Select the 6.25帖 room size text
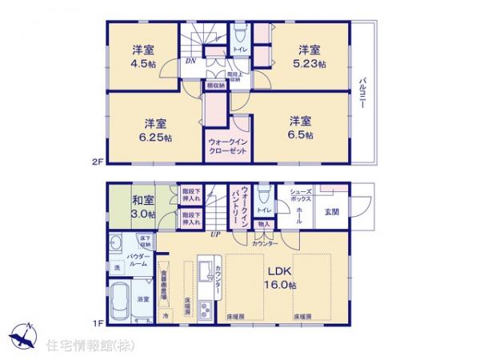coord(156,138)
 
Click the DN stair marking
coord(190,61)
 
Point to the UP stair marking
coord(214,234)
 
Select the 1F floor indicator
coord(98,322)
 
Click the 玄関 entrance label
coord(331,211)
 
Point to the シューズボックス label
coord(301,196)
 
